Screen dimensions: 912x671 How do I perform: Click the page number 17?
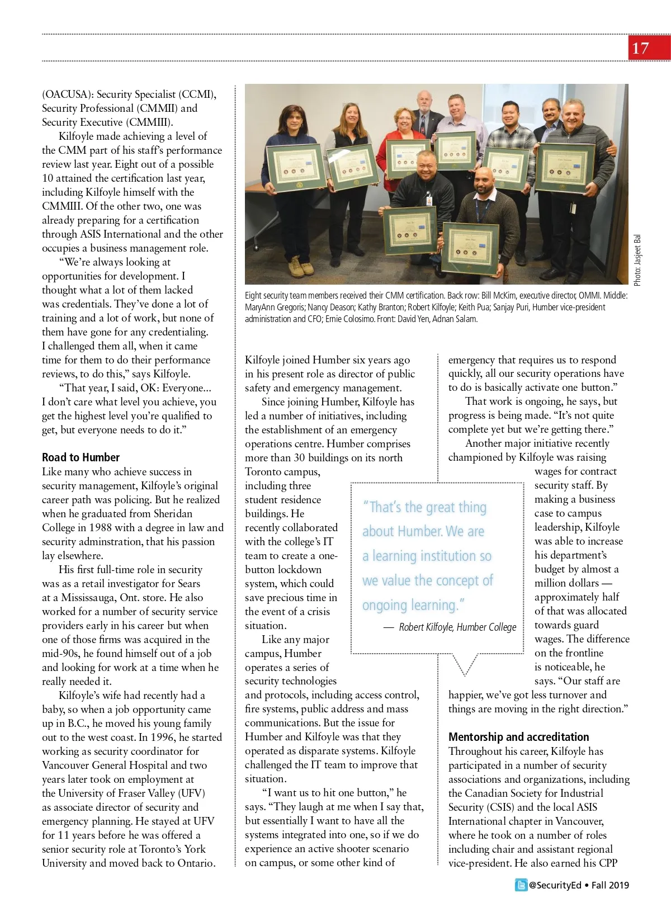point(641,49)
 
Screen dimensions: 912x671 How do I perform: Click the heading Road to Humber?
point(81,457)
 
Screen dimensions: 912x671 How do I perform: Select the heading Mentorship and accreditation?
point(518,737)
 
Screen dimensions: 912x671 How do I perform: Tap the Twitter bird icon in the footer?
point(521,885)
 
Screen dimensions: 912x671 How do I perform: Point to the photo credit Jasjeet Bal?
point(638,260)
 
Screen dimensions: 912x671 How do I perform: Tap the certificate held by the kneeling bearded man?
point(471,248)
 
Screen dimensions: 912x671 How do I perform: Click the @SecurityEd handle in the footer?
point(555,885)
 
